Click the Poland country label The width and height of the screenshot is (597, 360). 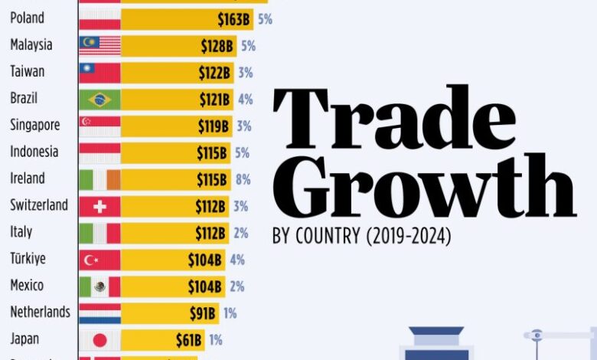point(27,18)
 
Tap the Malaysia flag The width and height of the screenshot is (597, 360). point(99,46)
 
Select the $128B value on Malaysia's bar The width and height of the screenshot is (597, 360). point(217,46)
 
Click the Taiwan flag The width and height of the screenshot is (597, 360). point(99,73)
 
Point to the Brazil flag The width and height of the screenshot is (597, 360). point(99,100)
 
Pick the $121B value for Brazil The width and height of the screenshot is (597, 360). point(214,100)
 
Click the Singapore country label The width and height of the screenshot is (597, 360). point(35,125)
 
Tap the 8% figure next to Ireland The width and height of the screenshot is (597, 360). point(242,179)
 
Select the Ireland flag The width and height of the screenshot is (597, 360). point(99,179)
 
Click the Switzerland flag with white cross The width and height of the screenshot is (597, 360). point(99,206)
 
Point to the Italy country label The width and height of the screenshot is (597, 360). point(21,231)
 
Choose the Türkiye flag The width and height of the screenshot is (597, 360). point(99,260)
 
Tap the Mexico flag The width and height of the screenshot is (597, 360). point(99,286)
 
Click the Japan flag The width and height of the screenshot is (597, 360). point(99,340)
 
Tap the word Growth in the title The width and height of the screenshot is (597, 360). point(423,188)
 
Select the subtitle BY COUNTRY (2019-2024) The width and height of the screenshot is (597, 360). point(361,237)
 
